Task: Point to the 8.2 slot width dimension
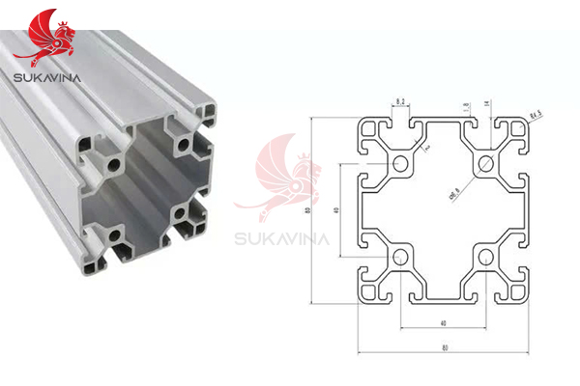point(398,99)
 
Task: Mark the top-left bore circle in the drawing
point(398,163)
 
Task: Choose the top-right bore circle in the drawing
point(486,163)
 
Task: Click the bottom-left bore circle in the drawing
point(398,256)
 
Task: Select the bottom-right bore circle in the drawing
point(486,256)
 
